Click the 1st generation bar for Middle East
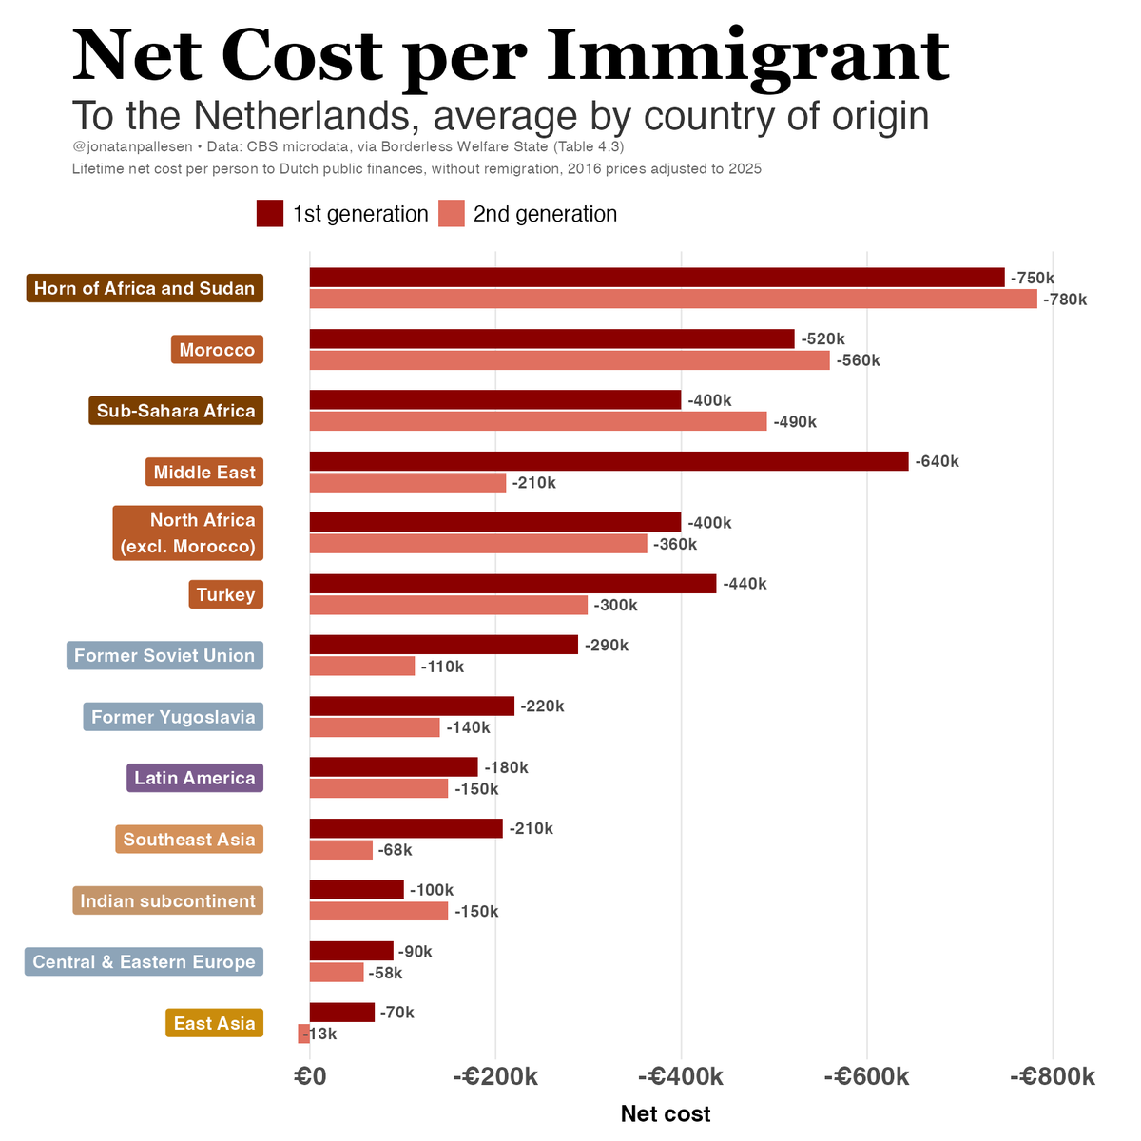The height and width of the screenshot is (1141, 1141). tap(609, 461)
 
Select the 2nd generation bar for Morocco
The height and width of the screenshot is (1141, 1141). tap(569, 360)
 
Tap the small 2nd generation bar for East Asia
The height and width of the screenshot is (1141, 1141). tap(304, 1034)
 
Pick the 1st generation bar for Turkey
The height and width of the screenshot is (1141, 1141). tap(512, 584)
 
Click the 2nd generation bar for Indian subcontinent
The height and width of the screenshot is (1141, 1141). tap(378, 911)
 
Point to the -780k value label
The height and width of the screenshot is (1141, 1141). tap(1065, 300)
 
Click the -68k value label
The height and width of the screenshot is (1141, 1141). tap(395, 850)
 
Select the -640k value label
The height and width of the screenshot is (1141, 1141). tap(937, 462)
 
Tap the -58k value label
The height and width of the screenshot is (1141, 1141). tap(385, 973)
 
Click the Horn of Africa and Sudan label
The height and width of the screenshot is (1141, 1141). tap(145, 289)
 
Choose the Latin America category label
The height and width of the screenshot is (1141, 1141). tap(195, 779)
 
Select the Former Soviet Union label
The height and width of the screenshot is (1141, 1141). tap(164, 656)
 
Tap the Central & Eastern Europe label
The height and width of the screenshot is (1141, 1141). tap(144, 962)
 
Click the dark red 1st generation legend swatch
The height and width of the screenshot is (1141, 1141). tap(270, 214)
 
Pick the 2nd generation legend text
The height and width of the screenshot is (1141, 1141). tap(545, 214)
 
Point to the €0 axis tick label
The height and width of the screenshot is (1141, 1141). tap(310, 1077)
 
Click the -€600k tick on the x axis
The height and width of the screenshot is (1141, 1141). tap(866, 1077)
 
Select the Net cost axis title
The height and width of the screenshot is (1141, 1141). tap(665, 1113)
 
